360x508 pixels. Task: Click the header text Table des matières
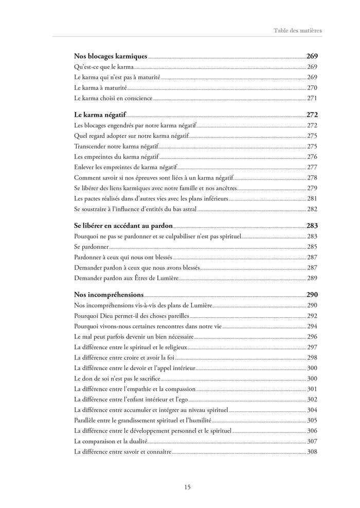pyautogui.click(x=297, y=31)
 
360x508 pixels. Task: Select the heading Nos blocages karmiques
pyautogui.click(x=111, y=56)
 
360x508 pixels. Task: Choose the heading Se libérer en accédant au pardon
pyautogui.click(x=123, y=225)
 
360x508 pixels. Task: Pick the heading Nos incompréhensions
pyautogui.click(x=109, y=295)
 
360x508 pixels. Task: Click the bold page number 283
pyautogui.click(x=312, y=225)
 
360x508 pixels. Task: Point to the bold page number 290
pyautogui.click(x=312, y=295)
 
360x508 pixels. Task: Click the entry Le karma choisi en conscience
pyautogui.click(x=113, y=98)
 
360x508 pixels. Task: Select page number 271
pyautogui.click(x=312, y=98)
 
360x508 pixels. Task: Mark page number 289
pyautogui.click(x=312, y=278)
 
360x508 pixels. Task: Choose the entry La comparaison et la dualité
pyautogui.click(x=111, y=441)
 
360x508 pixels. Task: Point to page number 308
pyautogui.click(x=312, y=452)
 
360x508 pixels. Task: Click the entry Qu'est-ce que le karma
pyautogui.click(x=104, y=67)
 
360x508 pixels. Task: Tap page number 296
pyautogui.click(x=312, y=336)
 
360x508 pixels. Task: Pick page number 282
pyautogui.click(x=312, y=209)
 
